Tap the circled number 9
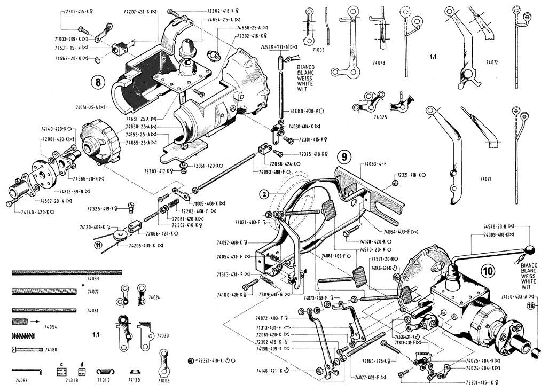click(345, 157)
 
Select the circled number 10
click(488, 271)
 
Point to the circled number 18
click(530, 307)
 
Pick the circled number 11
click(98, 245)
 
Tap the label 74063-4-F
click(377, 163)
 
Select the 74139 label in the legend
click(134, 380)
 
